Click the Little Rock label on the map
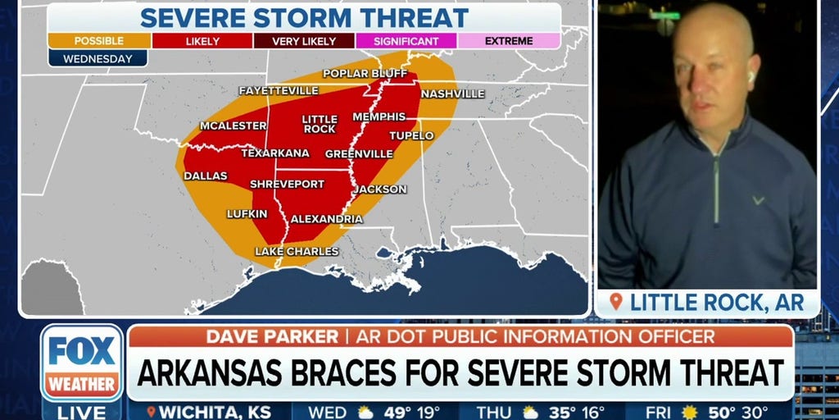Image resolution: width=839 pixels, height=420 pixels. (319, 124)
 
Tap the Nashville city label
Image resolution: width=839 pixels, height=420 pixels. (452, 94)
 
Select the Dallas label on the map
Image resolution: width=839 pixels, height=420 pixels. (205, 176)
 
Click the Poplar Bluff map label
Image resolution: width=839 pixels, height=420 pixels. (365, 73)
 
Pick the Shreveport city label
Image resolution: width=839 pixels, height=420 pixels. (287, 184)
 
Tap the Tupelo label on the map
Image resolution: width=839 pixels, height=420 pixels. (411, 135)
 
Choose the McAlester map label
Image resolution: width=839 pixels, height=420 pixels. (233, 126)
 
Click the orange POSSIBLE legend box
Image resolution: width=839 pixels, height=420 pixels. (98, 40)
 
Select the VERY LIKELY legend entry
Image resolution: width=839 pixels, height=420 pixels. (304, 40)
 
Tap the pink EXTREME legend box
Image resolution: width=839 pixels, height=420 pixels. (509, 40)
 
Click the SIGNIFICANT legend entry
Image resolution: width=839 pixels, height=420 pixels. (406, 40)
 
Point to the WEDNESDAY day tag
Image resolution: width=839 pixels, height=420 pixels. (98, 58)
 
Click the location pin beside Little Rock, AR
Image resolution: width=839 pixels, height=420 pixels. (615, 302)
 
